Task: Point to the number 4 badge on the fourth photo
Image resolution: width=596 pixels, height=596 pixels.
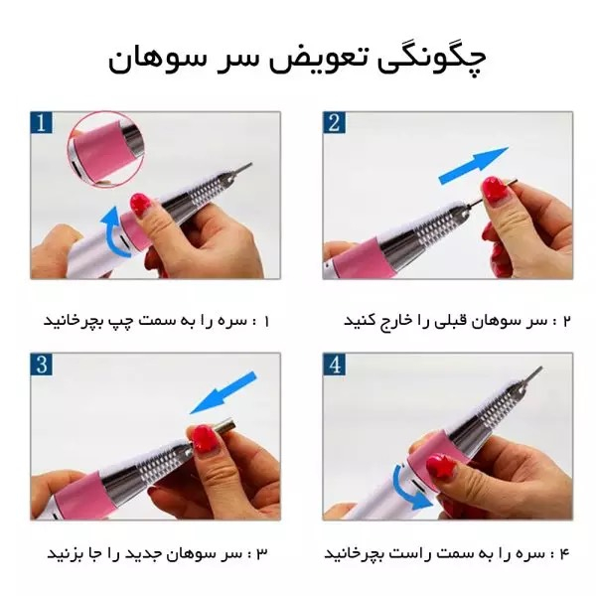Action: click(x=336, y=365)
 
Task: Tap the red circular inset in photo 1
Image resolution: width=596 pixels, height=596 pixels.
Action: click(x=102, y=149)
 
